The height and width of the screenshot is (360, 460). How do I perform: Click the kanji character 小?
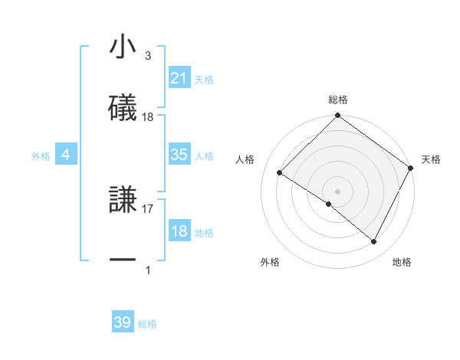tap(123, 47)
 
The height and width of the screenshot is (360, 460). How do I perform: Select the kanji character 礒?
tap(123, 106)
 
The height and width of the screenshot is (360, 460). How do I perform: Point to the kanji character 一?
tap(123, 260)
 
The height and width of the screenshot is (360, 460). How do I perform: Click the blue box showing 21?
tap(179, 77)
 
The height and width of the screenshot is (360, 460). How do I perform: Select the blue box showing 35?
tap(179, 155)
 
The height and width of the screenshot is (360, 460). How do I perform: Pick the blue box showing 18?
tap(179, 231)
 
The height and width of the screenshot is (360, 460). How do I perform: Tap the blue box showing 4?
tap(66, 155)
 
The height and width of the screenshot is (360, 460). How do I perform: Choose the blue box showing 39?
tap(123, 322)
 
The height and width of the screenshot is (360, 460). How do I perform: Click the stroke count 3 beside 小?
tap(148, 56)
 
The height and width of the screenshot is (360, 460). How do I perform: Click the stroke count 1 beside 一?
tap(148, 270)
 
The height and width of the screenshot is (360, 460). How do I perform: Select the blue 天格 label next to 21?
tap(204, 79)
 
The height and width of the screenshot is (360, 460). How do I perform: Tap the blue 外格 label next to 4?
tap(41, 155)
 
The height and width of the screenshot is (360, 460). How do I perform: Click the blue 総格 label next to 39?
tap(147, 324)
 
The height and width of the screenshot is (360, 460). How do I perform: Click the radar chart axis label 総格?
tap(338, 100)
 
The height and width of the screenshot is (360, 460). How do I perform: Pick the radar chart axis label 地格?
tap(402, 262)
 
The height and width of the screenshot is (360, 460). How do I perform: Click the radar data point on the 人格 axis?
tap(280, 172)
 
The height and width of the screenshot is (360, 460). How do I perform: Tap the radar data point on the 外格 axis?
tap(329, 204)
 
